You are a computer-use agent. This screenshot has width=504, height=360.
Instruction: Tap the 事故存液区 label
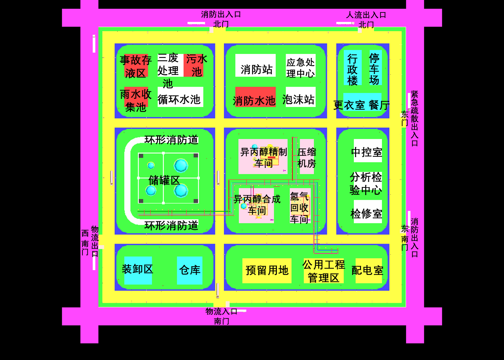(136, 66)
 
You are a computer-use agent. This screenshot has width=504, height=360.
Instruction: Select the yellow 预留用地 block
(267, 270)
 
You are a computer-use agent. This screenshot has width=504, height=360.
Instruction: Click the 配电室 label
(368, 271)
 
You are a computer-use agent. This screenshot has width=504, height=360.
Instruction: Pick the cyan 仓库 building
(190, 270)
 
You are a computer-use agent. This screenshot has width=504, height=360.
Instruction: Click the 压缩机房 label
(307, 157)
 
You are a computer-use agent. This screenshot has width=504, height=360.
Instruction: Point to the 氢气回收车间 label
(299, 207)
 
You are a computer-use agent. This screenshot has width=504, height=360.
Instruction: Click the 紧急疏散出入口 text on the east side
(415, 118)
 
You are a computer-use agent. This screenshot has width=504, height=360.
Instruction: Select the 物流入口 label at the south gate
(221, 311)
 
